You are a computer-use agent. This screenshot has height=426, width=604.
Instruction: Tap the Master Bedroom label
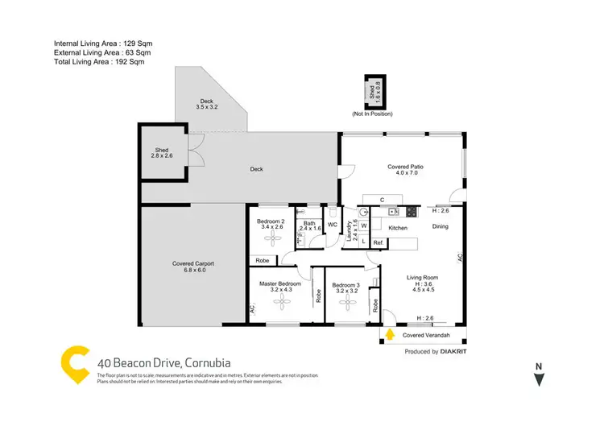[x=279, y=287]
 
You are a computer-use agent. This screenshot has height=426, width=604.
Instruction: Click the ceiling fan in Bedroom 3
[x=347, y=302]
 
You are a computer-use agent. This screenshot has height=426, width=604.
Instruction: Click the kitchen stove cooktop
[x=411, y=213]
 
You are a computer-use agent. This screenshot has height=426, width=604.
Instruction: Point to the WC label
[x=332, y=225]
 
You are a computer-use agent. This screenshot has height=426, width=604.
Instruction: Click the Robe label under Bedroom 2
[x=262, y=260]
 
